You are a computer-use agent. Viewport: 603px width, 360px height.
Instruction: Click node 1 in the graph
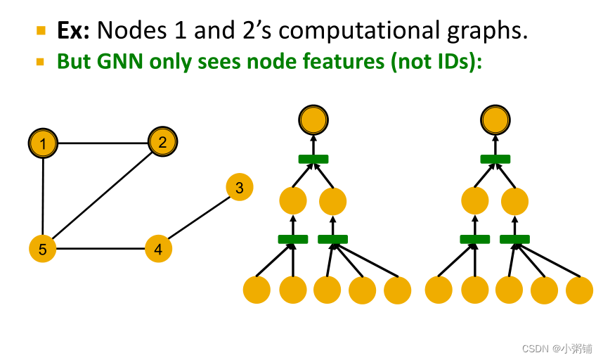(x=44, y=144)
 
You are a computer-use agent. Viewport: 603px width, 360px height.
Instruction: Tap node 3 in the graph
(x=240, y=188)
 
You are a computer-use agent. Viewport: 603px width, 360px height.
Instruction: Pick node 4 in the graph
(x=158, y=249)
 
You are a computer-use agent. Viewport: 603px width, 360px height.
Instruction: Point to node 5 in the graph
(x=43, y=249)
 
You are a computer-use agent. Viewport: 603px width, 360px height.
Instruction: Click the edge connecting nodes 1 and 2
(x=103, y=143)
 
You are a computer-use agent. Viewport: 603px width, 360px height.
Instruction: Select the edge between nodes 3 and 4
(x=199, y=219)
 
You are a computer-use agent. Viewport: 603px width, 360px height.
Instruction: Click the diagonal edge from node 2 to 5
(x=103, y=196)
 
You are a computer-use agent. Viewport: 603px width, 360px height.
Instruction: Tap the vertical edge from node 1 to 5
(x=44, y=197)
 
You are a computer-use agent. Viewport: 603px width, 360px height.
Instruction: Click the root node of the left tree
(x=313, y=120)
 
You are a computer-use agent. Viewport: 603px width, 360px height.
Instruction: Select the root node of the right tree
(x=495, y=120)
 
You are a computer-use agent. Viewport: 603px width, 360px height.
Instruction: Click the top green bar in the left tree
(x=313, y=159)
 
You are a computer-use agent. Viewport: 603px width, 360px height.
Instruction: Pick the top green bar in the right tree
(x=495, y=159)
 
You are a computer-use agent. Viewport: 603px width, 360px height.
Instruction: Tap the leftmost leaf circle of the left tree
(x=257, y=290)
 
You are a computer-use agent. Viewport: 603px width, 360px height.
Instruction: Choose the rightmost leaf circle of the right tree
(x=580, y=290)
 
